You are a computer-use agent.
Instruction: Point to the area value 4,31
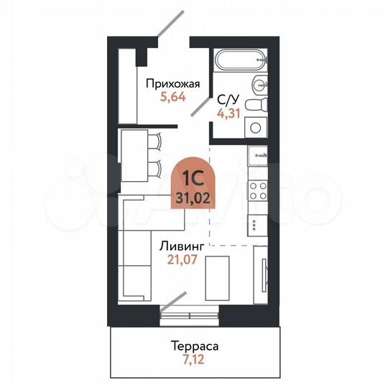[x=228, y=113]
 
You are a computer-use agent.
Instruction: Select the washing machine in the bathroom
[x=255, y=128]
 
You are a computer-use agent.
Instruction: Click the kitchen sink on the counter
[x=257, y=154]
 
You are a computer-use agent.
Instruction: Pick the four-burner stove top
[x=257, y=191]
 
